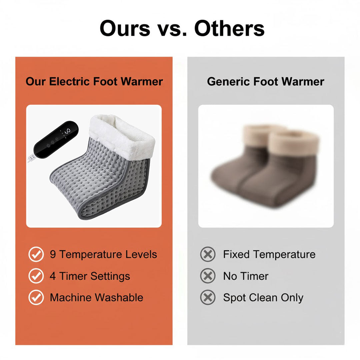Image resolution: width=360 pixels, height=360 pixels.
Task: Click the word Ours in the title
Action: [125, 28]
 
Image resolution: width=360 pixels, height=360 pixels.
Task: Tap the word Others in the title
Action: [229, 28]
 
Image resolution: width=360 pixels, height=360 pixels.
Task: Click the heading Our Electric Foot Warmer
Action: [94, 82]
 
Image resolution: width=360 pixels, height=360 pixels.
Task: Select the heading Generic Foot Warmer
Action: [266, 82]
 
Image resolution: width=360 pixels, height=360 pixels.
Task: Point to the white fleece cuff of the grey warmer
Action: [122, 133]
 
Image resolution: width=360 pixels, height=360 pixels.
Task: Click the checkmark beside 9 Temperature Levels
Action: [36, 255]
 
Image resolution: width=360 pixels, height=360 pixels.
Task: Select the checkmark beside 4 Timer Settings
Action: [36, 276]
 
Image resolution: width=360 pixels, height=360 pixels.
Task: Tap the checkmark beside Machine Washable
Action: [36, 297]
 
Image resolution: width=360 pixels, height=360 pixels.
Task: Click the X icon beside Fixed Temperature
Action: [208, 255]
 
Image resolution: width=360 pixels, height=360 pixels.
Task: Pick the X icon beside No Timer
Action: [208, 276]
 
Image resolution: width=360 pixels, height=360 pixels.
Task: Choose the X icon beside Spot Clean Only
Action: [208, 297]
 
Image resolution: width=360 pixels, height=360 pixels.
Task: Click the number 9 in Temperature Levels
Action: [53, 255]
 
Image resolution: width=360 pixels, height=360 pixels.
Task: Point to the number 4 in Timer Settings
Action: [53, 276]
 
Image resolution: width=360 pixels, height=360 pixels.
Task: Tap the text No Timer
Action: [246, 276]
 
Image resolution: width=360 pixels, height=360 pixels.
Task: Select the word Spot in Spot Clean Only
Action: [234, 298]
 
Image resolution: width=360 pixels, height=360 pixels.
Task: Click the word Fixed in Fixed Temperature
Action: [236, 255]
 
